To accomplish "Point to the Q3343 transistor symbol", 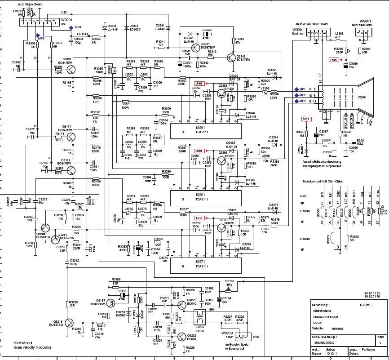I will (x=231, y=58).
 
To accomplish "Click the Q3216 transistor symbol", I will (x=69, y=323).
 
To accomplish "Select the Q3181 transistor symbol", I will (x=71, y=69).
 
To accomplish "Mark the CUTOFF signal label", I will (x=83, y=34).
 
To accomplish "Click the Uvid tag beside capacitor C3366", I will (x=333, y=59).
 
